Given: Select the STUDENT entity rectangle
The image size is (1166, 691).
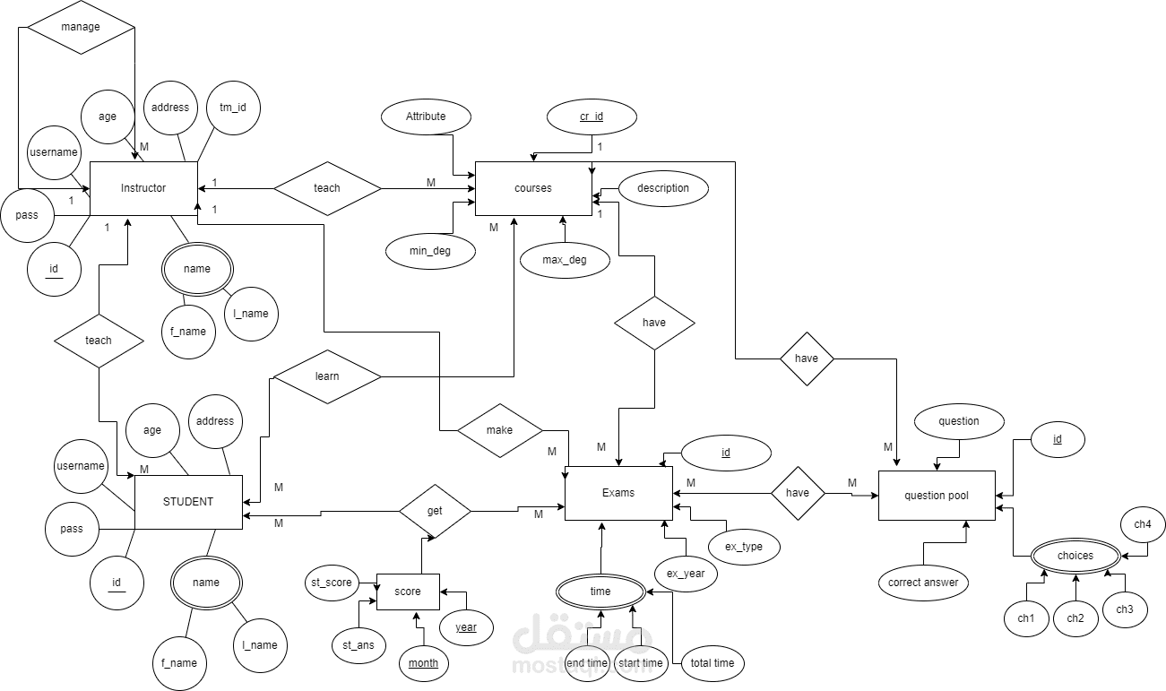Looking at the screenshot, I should point(188,502).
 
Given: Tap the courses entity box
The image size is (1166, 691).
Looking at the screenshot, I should point(533,188).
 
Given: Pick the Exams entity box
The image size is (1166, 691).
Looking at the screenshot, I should point(618,493).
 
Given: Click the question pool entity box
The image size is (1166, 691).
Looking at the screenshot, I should point(937,496).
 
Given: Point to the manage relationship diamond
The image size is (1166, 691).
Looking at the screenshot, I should point(81,27).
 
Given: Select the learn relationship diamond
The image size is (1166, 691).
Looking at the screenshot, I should point(327,376).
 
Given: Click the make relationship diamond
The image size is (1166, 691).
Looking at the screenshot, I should point(500,430).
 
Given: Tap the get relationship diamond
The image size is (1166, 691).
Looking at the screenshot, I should point(435,511).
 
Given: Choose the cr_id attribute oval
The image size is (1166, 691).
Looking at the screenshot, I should point(592,117).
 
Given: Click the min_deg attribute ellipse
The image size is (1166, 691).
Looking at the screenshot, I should point(430,251).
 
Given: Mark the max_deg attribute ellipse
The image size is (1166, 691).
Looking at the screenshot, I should point(565,260).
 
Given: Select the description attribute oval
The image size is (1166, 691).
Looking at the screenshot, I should point(663,188).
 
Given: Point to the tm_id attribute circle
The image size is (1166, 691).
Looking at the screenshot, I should point(233,108).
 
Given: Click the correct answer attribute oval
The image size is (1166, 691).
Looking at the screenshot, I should point(923,583).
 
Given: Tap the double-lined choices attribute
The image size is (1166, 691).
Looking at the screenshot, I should point(1075,556).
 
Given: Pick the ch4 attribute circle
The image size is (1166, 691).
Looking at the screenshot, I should point(1143,524).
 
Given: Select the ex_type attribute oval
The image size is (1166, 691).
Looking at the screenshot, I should point(744,547).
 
